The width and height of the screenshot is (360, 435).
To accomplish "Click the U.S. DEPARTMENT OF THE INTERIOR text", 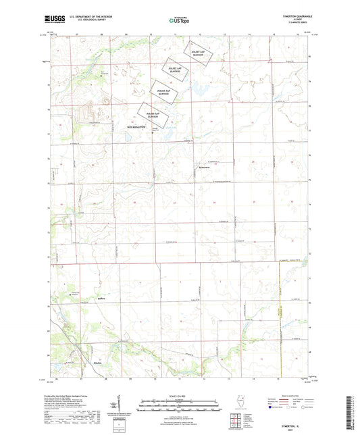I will pyautogui.click(x=83, y=18).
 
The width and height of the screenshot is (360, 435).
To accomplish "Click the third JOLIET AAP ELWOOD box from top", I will pyautogui.click(x=163, y=92).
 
